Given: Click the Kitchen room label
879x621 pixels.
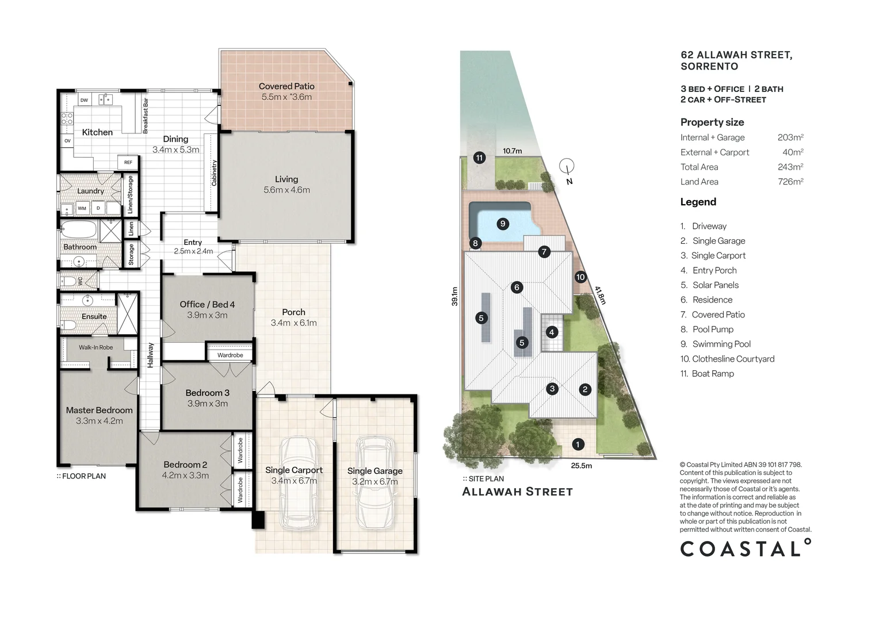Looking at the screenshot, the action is point(97,132).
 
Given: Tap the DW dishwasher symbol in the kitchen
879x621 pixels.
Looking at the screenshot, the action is point(85,100).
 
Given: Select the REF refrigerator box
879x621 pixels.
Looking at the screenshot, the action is point(128,162).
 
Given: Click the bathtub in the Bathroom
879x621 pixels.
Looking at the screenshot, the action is point(79,229).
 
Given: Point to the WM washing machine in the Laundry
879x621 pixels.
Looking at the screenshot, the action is point(82,208).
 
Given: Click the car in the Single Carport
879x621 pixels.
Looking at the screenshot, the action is point(299,484).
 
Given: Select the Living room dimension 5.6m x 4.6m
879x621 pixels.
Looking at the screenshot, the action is point(286,190).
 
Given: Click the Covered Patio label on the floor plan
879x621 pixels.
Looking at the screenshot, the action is point(286,86).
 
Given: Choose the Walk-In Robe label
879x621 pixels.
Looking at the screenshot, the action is point(95,347).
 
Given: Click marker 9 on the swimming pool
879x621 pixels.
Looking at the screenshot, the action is point(503,224).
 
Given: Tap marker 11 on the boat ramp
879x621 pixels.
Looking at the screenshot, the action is point(479,158).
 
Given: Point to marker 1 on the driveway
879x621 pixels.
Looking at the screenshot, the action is point(578,444).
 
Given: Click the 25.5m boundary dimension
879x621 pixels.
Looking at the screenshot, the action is point(581,466).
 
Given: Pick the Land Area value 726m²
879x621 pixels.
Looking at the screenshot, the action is point(791,181).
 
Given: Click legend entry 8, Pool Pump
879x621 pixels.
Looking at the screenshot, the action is point(707,329).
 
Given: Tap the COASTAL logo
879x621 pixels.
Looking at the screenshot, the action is point(746,548).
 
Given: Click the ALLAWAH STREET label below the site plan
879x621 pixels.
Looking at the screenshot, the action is point(518,492).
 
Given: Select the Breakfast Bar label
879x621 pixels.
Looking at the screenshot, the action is point(146,116).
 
